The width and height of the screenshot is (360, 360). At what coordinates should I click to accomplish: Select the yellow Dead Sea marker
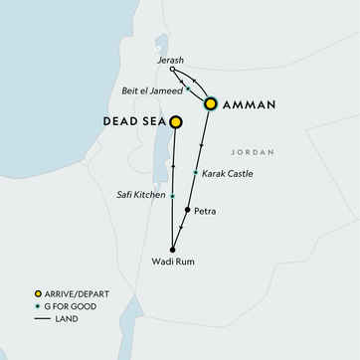[x=176, y=122]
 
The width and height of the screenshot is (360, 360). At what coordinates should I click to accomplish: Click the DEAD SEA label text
[x=133, y=122]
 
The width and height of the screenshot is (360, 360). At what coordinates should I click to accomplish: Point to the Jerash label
[x=171, y=61]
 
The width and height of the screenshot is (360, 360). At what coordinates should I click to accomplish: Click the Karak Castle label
[x=228, y=174]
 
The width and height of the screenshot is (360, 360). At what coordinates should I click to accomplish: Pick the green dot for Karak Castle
[x=195, y=173]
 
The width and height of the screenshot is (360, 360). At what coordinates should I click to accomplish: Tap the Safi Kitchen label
[x=139, y=196]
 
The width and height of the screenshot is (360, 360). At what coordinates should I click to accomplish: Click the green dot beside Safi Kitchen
[x=172, y=196]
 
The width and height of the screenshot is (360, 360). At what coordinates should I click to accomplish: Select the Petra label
[x=206, y=211]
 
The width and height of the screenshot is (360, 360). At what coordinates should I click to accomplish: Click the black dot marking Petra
[x=188, y=211]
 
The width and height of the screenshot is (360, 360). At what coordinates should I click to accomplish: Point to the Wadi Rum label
[x=171, y=263]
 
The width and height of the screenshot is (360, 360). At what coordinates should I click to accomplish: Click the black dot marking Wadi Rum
[x=172, y=249]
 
